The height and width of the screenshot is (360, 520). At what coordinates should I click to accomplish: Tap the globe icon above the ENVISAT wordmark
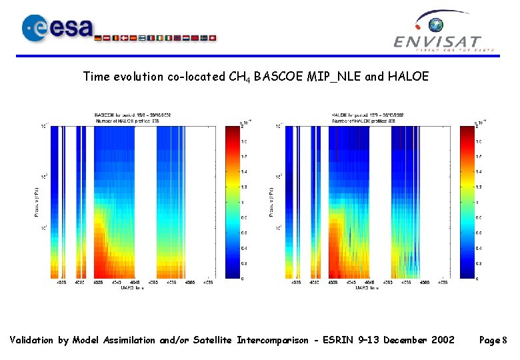click(x=436, y=26)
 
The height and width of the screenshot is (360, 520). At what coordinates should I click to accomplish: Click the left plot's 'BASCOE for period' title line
click(x=133, y=115)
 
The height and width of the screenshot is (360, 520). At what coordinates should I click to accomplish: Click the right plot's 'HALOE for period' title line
click(x=367, y=115)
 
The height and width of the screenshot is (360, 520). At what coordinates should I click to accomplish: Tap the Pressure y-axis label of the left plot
click(x=37, y=201)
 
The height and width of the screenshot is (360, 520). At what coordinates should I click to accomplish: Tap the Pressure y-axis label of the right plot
click(x=271, y=201)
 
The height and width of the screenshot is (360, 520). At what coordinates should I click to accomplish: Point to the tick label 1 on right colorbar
click(x=477, y=202)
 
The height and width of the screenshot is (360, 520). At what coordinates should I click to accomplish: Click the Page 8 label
click(x=494, y=341)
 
